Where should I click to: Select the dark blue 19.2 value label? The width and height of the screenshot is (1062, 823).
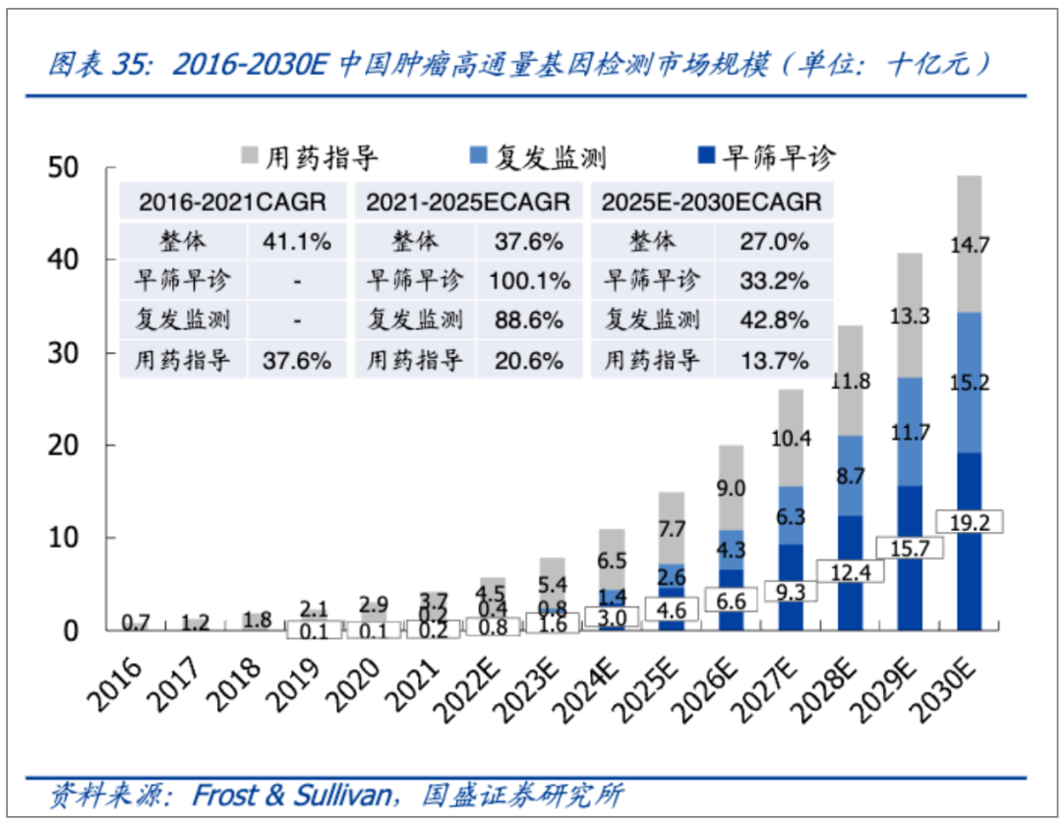click(x=970, y=523)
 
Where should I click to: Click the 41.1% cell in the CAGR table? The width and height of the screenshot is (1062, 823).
click(x=296, y=241)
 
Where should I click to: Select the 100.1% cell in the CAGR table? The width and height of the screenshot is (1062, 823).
click(x=529, y=281)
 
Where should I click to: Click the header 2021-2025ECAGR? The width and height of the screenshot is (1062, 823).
click(x=468, y=202)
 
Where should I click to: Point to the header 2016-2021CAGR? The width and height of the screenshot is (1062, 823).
click(x=232, y=202)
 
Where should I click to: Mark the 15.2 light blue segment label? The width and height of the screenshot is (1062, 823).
click(x=970, y=383)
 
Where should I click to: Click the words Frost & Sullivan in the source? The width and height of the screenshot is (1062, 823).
click(x=291, y=794)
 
